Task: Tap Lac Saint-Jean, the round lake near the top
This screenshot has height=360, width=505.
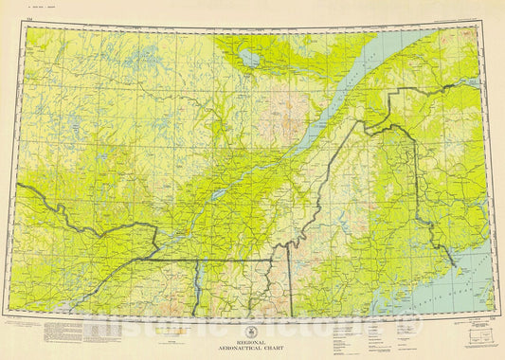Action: point(249,58)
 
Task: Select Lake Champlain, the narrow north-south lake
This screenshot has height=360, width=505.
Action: point(197,280)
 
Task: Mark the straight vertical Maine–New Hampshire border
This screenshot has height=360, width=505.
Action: point(290,284)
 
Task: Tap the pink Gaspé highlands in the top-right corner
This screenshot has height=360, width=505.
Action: point(455,43)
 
